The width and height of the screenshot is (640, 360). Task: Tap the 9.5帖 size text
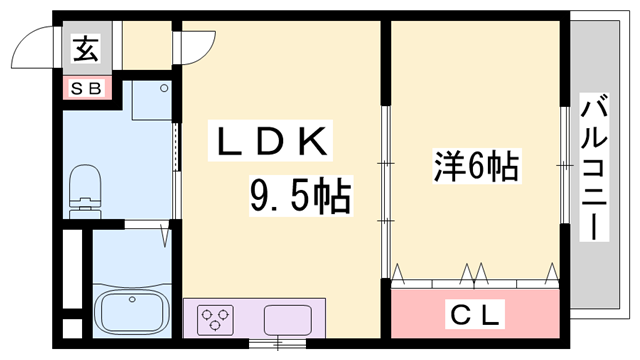click(x=299, y=196)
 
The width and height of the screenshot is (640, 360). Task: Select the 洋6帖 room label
click(x=475, y=166)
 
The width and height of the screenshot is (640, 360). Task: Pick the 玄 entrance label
click(x=83, y=47)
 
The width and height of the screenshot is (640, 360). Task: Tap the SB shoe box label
click(x=84, y=89)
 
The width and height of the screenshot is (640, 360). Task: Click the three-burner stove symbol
click(x=214, y=321)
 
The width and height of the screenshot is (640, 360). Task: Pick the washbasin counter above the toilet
click(x=152, y=105)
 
